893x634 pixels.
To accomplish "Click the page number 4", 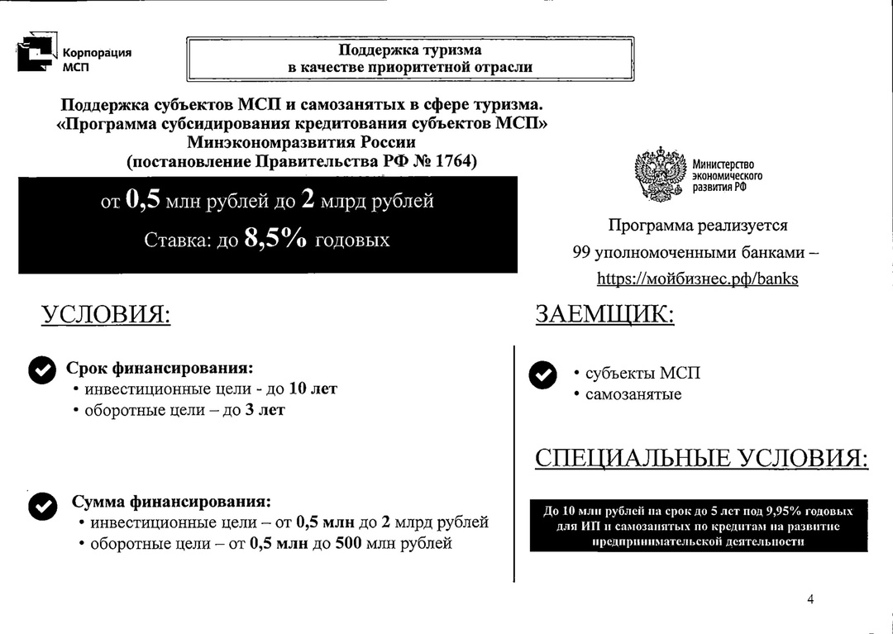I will pyautogui.click(x=810, y=599).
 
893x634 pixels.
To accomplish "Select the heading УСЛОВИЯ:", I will pyautogui.click(x=106, y=315).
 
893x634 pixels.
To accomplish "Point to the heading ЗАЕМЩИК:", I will pyautogui.click(x=604, y=315).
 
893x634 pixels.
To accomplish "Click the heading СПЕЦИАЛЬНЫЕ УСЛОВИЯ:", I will pyautogui.click(x=701, y=459).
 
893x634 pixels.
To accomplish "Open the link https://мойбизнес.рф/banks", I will pyautogui.click(x=697, y=279).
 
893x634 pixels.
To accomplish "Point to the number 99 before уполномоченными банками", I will pyautogui.click(x=581, y=252).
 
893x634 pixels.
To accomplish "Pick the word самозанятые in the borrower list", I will pyautogui.click(x=633, y=394).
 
